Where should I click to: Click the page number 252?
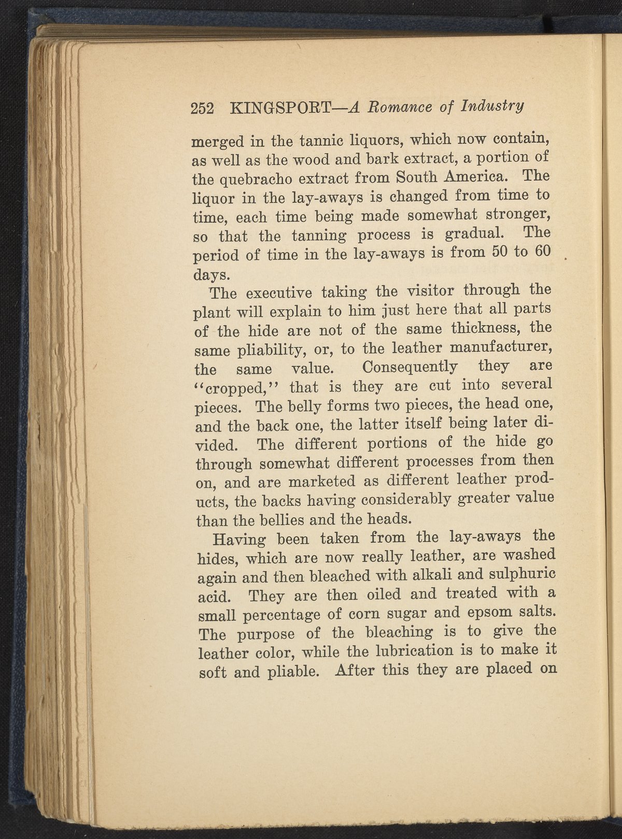tap(203, 108)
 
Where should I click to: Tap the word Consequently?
tap(410, 367)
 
